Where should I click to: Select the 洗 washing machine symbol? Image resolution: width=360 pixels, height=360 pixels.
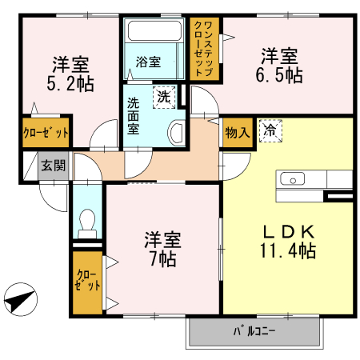[x=164, y=96]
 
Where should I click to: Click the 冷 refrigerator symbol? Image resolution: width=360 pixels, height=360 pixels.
[x=269, y=130]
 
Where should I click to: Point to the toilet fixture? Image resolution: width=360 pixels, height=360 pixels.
[x=86, y=219]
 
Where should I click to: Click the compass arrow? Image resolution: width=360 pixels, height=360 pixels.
[x=19, y=302]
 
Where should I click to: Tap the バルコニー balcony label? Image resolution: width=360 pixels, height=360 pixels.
[x=255, y=330]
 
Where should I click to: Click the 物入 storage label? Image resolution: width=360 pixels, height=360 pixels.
[x=237, y=131]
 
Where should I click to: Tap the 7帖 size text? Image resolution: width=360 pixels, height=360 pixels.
[x=162, y=258]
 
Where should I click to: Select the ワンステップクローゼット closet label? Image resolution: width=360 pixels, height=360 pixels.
[x=204, y=48]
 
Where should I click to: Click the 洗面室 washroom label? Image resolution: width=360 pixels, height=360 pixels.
[x=134, y=115]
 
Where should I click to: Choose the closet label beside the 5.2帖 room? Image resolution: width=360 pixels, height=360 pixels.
[x=46, y=132]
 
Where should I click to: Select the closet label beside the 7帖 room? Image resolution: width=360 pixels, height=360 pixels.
[x=87, y=282]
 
